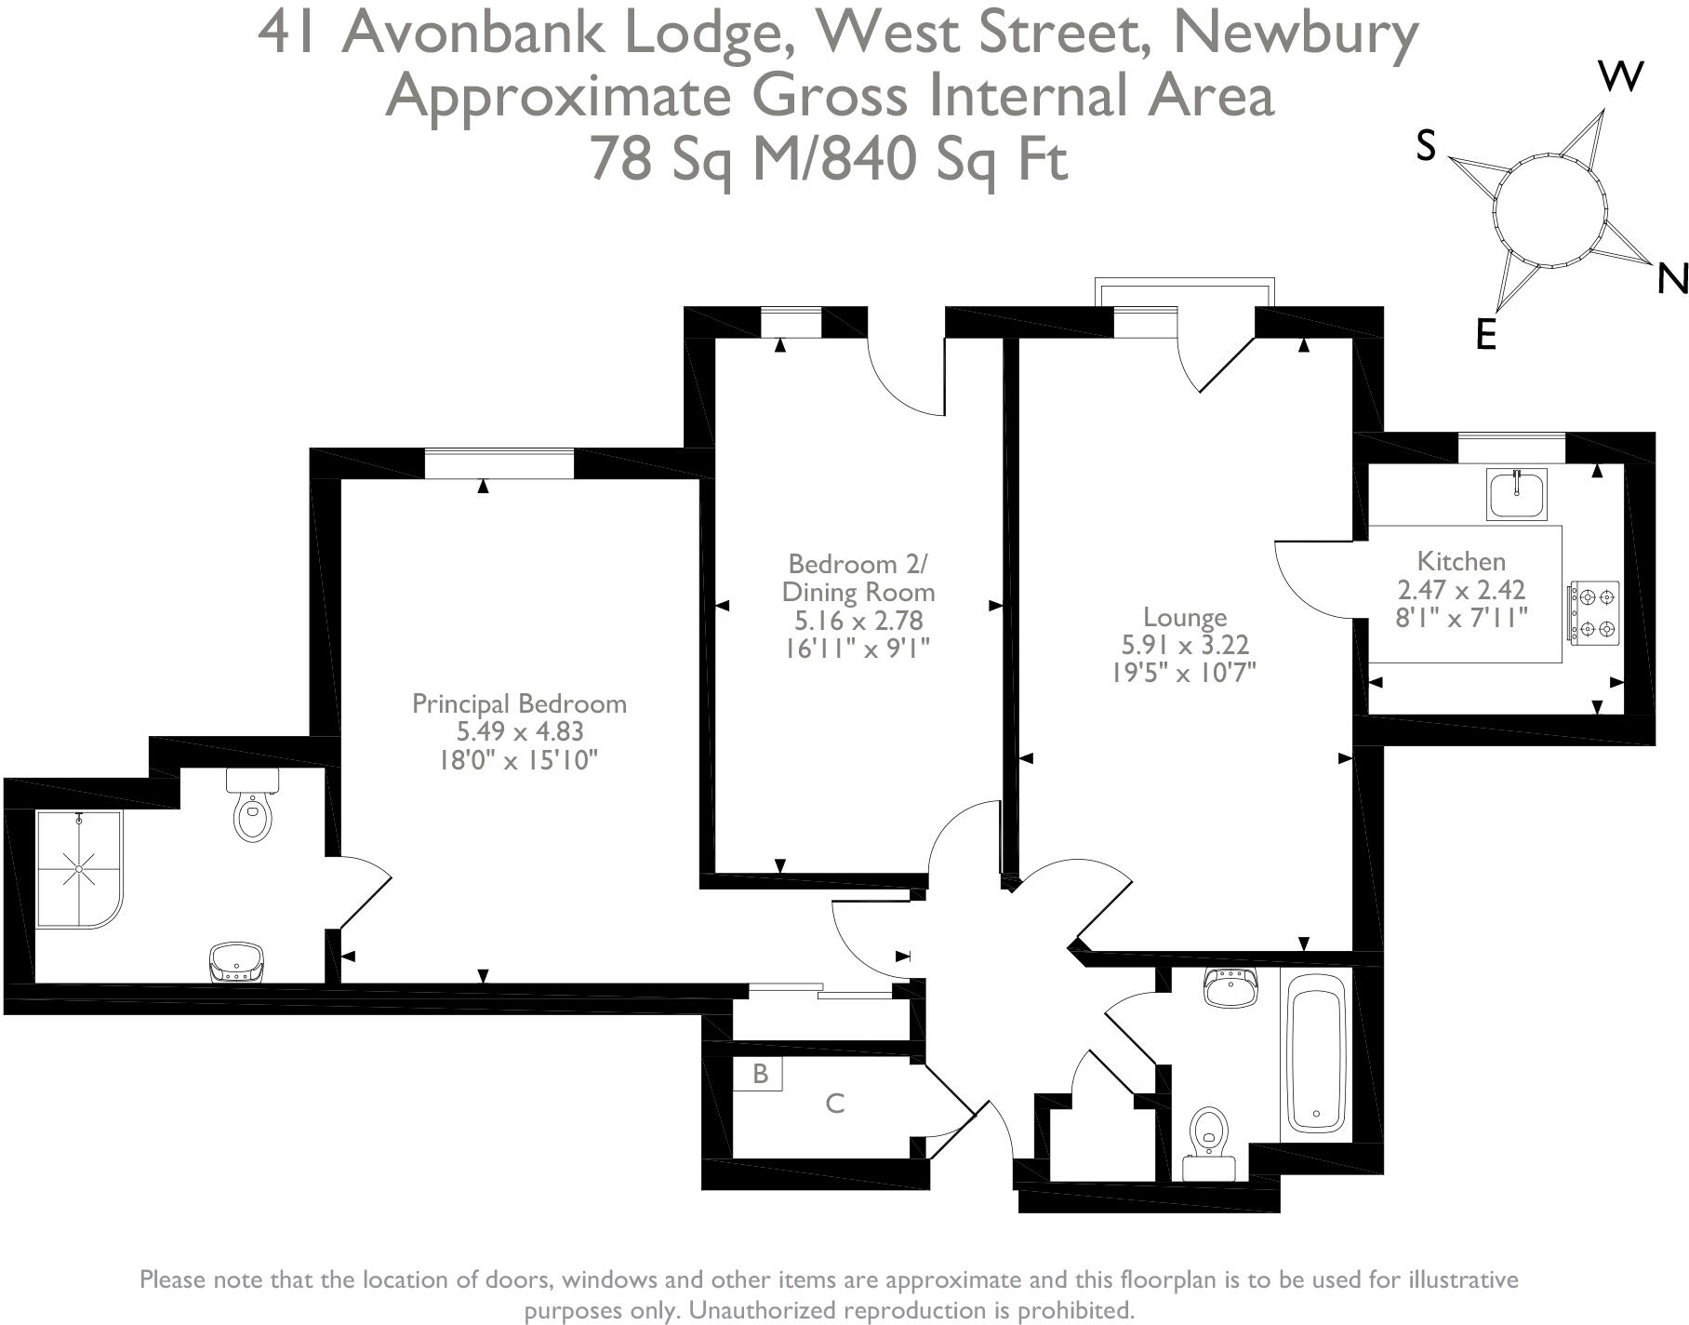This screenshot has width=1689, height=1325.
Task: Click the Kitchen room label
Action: tap(1460, 561)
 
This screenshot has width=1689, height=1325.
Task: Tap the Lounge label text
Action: tap(1184, 617)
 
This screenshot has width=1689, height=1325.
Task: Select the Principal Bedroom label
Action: tap(519, 703)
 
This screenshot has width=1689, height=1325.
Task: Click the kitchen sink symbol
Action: tap(1516, 493)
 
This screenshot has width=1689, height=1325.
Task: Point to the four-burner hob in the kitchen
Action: tap(1594, 612)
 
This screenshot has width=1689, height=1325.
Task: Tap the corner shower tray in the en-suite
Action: tap(79, 869)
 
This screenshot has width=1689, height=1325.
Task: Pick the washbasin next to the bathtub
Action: tap(1230, 987)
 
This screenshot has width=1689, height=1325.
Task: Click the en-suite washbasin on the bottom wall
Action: tap(236, 963)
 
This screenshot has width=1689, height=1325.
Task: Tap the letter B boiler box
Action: tap(759, 1074)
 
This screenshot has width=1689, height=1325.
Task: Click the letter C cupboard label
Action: tap(834, 1104)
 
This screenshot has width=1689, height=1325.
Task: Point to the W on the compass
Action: tap(1620, 76)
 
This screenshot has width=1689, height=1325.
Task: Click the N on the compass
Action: tap(1672, 278)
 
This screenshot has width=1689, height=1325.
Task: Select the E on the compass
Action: tap(1485, 334)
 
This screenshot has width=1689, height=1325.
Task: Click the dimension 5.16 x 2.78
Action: tap(858, 620)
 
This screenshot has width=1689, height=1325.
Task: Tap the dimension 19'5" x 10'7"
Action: tap(1184, 673)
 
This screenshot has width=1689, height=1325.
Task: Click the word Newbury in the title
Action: tap(1296, 33)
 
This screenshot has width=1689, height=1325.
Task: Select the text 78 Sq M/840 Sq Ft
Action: tap(829, 158)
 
